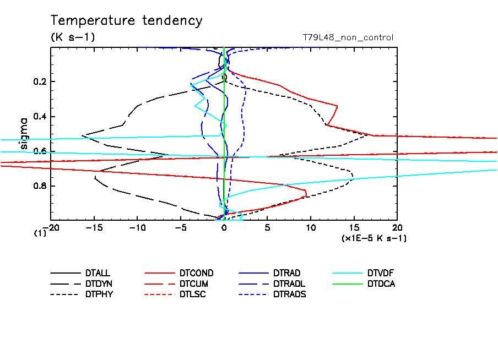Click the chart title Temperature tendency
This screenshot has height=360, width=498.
click(127, 21)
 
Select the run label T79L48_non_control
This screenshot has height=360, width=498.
click(348, 37)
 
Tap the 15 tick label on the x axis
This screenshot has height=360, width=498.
click(354, 227)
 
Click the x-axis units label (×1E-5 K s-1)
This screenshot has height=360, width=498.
click(374, 238)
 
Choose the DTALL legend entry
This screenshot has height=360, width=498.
click(98, 273)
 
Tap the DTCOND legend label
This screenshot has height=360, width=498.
click(196, 273)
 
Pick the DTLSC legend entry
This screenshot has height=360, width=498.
click(192, 294)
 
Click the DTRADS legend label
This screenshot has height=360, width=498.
click(289, 294)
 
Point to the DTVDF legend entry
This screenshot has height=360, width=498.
click(381, 273)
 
